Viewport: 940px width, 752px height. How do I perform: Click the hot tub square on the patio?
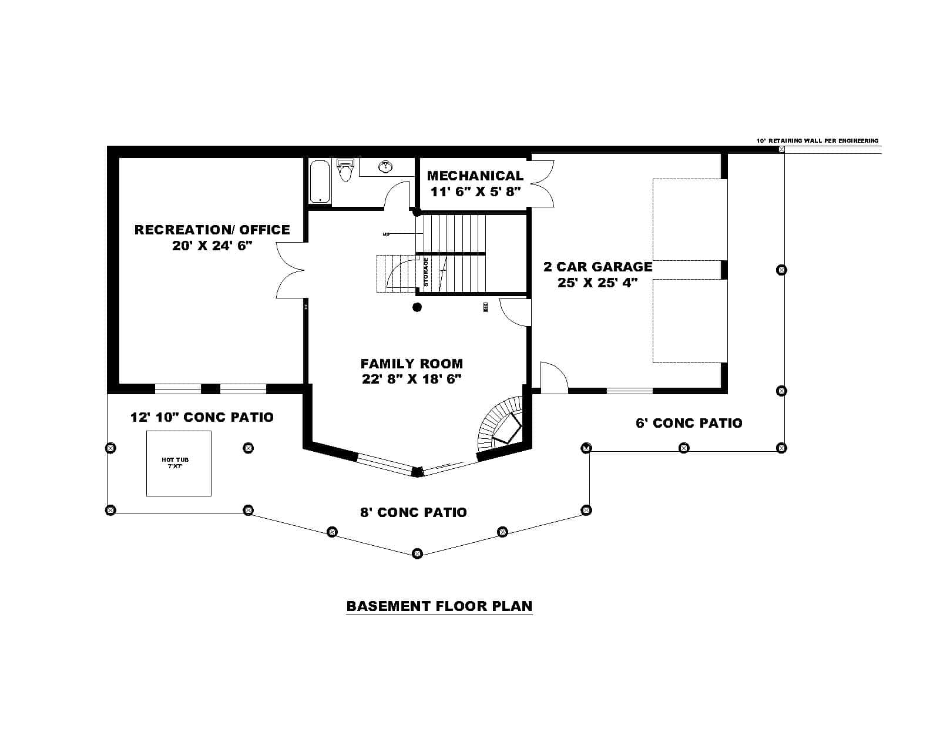179,463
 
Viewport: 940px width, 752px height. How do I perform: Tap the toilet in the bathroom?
345,171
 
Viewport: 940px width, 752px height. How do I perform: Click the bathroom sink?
385,167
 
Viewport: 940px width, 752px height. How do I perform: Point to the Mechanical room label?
475,176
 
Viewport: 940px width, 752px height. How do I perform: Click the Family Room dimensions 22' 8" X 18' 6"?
411,379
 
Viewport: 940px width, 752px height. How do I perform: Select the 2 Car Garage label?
597,267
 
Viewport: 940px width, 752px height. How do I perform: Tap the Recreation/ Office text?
212,230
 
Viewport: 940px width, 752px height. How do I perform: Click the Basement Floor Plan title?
439,606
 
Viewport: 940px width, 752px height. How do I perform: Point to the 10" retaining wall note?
817,141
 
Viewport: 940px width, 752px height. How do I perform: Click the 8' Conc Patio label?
414,512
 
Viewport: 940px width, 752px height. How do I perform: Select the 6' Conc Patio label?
689,423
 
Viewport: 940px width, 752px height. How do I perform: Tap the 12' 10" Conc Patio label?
202,417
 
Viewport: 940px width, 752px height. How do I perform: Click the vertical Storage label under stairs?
426,272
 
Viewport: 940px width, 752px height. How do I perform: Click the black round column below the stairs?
417,307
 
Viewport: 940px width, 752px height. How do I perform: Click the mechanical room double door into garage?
542,183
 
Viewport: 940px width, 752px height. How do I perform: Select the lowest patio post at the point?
417,553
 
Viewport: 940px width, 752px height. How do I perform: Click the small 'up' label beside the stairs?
386,234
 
